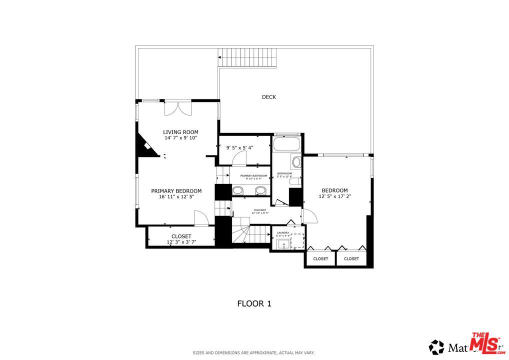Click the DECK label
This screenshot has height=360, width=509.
268,97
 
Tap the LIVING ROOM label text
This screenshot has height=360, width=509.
180,132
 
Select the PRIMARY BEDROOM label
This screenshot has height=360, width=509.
176,191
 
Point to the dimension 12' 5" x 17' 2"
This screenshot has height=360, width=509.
334,196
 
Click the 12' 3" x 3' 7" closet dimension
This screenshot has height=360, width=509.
181,242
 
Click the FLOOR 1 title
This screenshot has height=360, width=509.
254,303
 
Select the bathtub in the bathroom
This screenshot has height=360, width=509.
286,144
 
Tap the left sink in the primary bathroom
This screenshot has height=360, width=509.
238,190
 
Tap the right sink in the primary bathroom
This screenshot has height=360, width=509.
260,190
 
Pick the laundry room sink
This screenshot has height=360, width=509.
283,244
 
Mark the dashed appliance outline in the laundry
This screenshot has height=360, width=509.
298,241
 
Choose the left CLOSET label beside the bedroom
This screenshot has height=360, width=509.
320,258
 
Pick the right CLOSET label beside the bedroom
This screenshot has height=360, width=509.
351,258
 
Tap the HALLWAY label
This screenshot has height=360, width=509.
260,210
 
